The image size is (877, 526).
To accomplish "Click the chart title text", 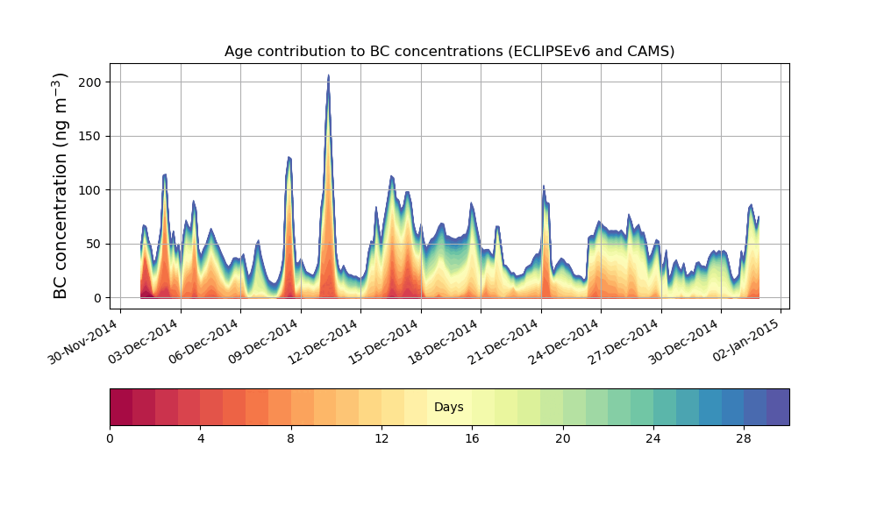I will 449,51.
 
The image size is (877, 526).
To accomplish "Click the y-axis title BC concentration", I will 61,186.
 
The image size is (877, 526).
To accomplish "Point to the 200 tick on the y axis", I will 89,82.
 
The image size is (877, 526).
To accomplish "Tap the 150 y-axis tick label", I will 89,136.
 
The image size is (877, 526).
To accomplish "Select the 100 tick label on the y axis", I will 89,190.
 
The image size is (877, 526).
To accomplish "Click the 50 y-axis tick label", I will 92,244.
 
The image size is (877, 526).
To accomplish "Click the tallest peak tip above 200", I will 328,76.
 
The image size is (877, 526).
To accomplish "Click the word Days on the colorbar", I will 449,407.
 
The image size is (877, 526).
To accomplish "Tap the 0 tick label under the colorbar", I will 110,438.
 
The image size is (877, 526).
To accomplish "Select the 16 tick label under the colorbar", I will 472,438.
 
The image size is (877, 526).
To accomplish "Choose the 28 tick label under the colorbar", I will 744,438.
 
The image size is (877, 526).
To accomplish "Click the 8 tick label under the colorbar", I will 291,438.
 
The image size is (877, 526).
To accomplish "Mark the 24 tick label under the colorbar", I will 653,438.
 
